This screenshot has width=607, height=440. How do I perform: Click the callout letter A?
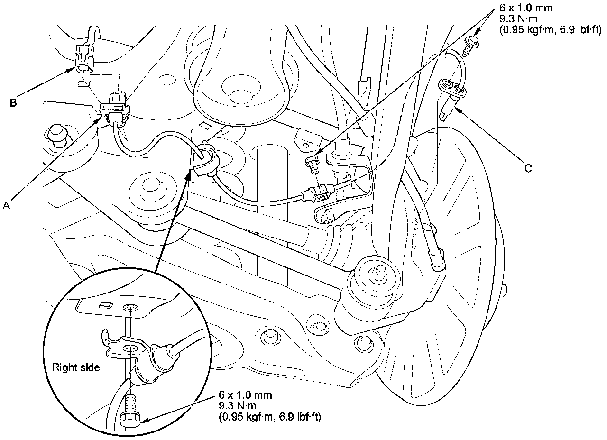click(x=6, y=205)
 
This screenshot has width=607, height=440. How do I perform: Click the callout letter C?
click(x=528, y=168)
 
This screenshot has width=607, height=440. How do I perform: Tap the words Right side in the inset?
click(x=76, y=367)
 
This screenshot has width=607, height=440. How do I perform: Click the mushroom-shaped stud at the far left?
click(x=57, y=134)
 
